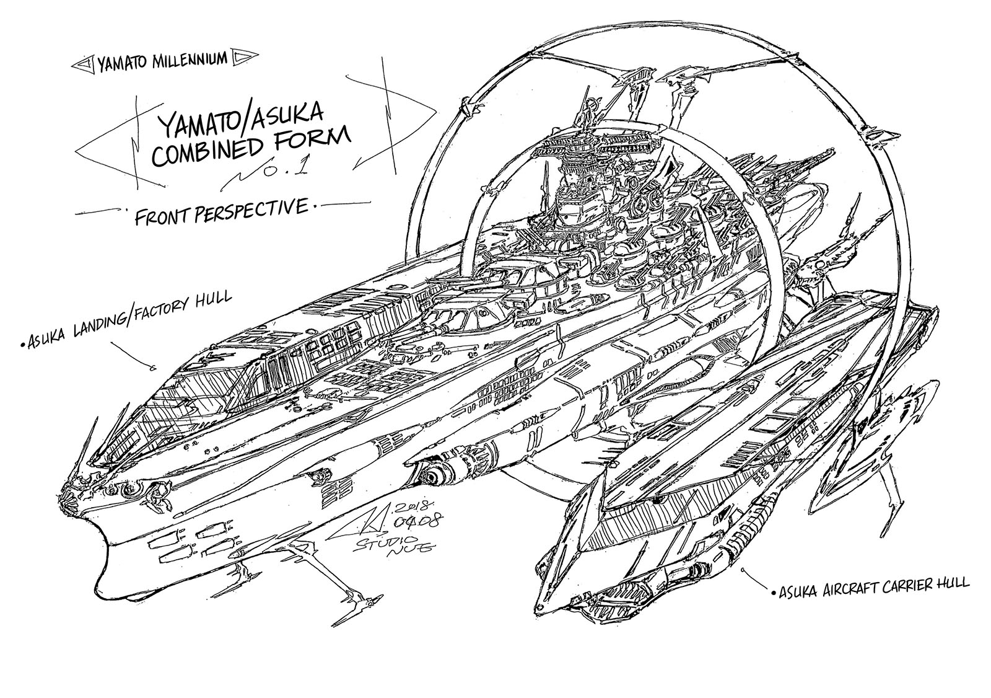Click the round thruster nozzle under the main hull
pos(427,475)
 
